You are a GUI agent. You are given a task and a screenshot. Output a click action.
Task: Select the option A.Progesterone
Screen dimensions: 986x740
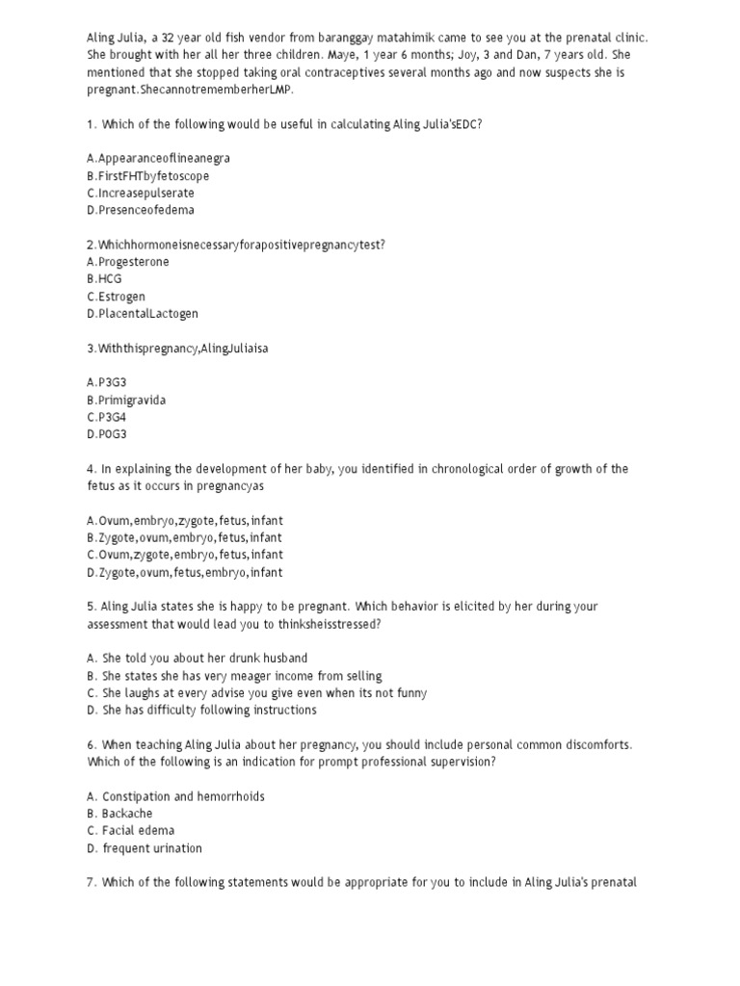pos(127,262)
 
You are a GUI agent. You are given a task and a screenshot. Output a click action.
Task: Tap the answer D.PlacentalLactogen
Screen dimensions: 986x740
pos(142,314)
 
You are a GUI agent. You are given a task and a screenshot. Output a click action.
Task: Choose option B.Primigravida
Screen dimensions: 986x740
pos(125,400)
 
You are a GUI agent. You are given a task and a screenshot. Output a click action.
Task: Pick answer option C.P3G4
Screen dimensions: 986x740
pos(106,417)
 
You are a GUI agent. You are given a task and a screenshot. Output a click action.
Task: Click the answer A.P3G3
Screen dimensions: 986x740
pos(106,382)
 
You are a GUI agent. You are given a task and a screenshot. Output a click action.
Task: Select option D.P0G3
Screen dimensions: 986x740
pos(106,434)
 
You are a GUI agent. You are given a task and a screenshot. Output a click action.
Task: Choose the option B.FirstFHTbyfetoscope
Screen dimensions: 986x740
pos(146,176)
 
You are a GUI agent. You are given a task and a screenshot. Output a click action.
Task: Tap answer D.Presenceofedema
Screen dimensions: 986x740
pos(140,210)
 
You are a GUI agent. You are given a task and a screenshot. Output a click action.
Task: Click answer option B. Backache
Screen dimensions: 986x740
pos(119,814)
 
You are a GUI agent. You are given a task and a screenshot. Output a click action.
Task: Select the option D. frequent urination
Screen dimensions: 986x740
pos(144,848)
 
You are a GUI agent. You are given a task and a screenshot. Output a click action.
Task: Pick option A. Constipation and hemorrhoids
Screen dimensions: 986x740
pos(174,796)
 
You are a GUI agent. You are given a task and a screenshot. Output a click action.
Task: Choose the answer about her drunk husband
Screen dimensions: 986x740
pos(197,659)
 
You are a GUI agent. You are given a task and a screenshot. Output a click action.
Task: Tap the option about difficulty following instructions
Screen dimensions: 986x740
pos(200,711)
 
